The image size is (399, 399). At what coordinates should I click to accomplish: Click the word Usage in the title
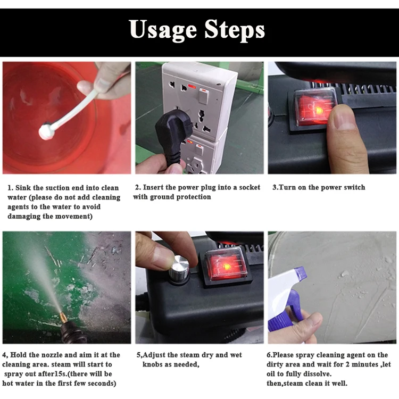click(x=163, y=30)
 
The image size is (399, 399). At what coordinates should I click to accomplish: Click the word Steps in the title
click(x=235, y=30)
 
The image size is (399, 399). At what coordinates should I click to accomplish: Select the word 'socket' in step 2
click(x=250, y=187)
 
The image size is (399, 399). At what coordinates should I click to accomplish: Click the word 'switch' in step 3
click(x=354, y=187)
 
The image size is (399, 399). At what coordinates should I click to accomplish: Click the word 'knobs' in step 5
click(x=153, y=364)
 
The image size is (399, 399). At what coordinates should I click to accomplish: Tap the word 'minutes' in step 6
click(x=365, y=364)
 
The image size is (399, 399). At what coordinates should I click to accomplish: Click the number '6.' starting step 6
click(x=270, y=355)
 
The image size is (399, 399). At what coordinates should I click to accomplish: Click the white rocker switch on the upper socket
click(x=203, y=96)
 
